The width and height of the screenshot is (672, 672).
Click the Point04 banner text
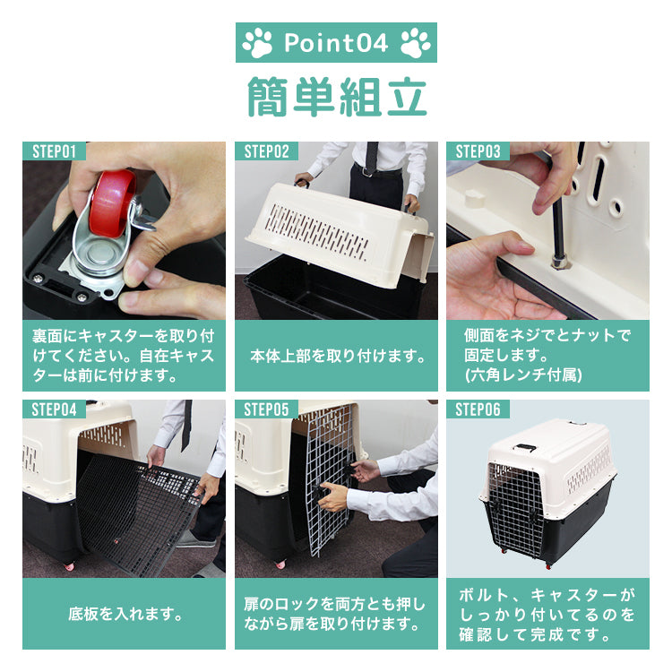[x=336, y=42]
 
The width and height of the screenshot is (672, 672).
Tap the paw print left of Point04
[x=257, y=43]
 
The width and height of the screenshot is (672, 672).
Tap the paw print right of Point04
[x=415, y=43]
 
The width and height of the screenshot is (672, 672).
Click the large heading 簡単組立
[x=337, y=97]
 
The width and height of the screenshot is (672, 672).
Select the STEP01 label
[x=54, y=151]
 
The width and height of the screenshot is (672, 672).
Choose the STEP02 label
[x=266, y=151]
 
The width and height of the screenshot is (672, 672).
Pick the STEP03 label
[x=478, y=151]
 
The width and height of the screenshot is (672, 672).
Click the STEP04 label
[x=54, y=409]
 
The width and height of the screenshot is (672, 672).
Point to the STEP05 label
[x=266, y=409]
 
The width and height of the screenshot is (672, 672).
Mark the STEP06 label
[x=478, y=409]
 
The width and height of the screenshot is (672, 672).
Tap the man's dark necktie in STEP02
[x=372, y=158]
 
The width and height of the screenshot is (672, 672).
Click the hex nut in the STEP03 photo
[x=558, y=261]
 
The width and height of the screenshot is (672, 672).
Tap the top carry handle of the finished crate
[x=524, y=448]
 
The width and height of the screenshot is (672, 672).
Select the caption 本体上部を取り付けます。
[x=338, y=356]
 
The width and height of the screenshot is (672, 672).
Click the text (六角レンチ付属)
[x=523, y=375]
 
